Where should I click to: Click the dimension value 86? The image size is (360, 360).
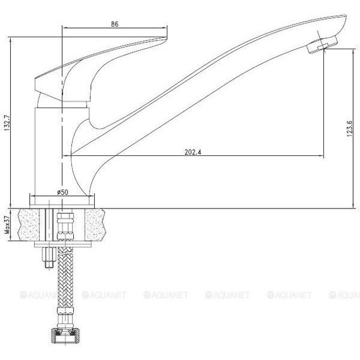click(114, 24)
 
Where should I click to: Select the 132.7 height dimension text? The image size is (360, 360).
click(7, 123)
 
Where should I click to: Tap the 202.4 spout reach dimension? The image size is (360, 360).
click(193, 152)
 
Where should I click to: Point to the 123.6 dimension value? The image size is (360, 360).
click(349, 129)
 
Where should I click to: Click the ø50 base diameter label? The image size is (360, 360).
click(63, 192)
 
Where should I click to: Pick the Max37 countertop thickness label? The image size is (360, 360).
click(8, 225)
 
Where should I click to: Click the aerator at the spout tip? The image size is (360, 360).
click(322, 45)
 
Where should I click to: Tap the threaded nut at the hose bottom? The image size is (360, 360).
click(65, 337)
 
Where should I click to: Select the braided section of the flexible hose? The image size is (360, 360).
click(65, 277)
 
